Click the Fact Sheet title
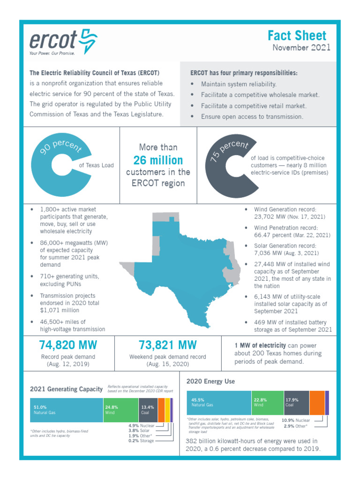pyautogui.click(x=297, y=36)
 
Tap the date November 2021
pyautogui.click(x=301, y=47)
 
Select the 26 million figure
pyautogui.click(x=158, y=160)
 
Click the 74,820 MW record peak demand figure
pyautogui.click(x=68, y=345)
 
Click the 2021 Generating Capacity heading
pyautogui.click(x=66, y=389)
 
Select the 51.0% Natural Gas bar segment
pyautogui.click(x=66, y=410)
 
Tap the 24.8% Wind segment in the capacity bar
pyautogui.click(x=120, y=410)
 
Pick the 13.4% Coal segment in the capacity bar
pyautogui.click(x=148, y=410)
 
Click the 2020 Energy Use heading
pyautogui.click(x=210, y=382)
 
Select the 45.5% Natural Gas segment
pyautogui.click(x=219, y=402)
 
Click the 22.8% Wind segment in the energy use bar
pyautogui.click(x=267, y=402)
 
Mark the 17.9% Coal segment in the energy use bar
pyautogui.click(x=296, y=402)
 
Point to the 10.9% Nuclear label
pyautogui.click(x=296, y=420)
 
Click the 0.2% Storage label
pyautogui.click(x=141, y=441)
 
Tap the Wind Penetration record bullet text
pyautogui.click(x=292, y=231)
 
